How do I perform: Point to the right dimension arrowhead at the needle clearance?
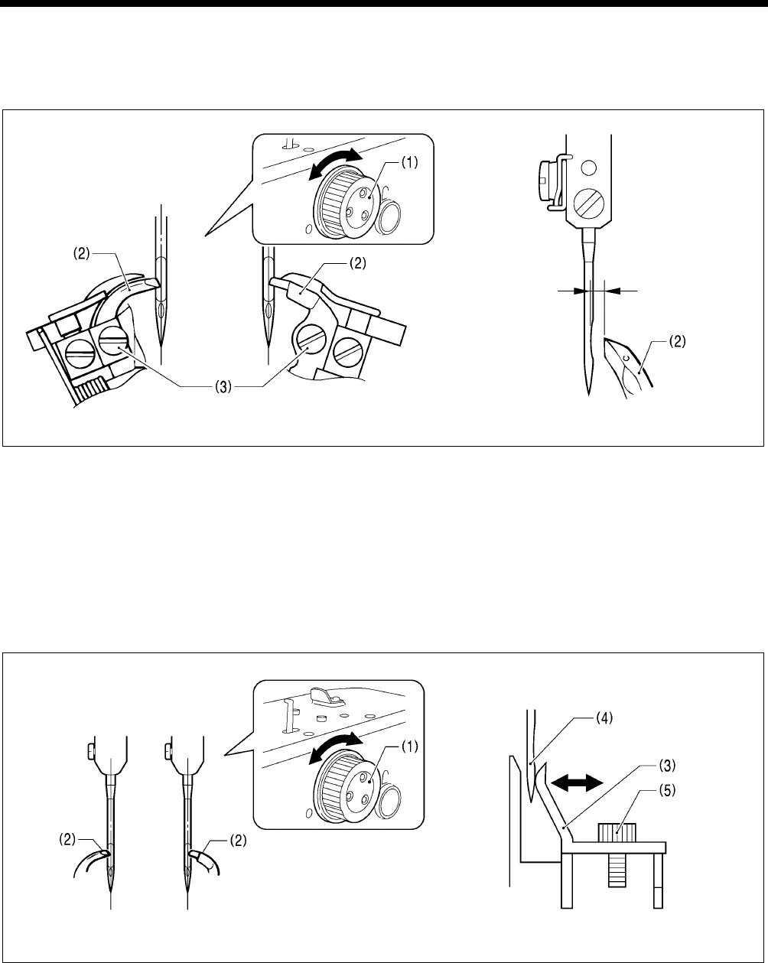(x=619, y=290)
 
